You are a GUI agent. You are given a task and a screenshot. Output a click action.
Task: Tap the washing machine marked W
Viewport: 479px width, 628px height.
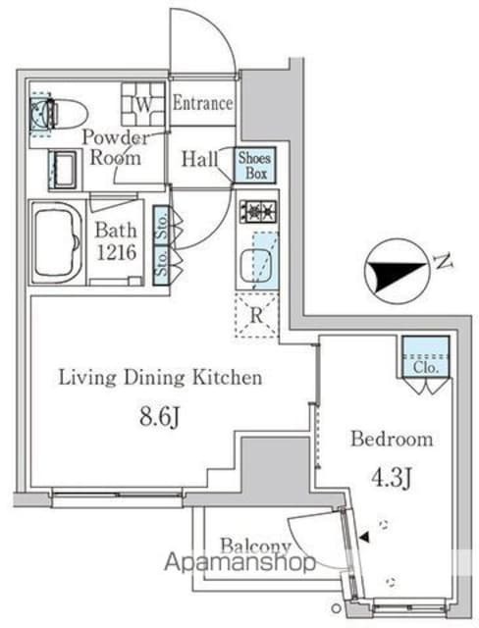click(143, 104)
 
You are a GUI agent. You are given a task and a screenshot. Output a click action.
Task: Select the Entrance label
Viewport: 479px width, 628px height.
click(202, 103)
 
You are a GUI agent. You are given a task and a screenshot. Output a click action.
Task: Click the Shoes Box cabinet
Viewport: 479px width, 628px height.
click(255, 165)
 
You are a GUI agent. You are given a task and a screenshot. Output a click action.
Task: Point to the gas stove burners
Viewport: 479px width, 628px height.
click(258, 210)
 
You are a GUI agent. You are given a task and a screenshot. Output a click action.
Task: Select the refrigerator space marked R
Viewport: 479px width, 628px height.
click(257, 315)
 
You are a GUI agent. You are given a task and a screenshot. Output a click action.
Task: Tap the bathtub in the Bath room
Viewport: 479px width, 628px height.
click(57, 243)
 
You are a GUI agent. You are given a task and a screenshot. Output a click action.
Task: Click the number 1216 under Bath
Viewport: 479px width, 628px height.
click(117, 252)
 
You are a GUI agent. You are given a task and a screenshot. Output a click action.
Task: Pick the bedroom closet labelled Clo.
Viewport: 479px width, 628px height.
click(425, 357)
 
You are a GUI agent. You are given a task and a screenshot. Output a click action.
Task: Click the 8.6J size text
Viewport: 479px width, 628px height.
click(159, 418)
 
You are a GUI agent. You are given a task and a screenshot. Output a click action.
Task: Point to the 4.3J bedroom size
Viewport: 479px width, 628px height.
click(392, 478)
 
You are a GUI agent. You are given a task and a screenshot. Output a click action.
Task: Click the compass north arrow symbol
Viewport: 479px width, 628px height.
click(397, 271)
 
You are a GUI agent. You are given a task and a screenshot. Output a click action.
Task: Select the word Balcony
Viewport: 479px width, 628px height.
click(255, 546)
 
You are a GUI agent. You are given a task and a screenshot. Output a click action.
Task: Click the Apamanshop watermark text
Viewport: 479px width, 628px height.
click(239, 562)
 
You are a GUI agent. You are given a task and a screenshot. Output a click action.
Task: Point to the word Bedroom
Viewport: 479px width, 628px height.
click(392, 439)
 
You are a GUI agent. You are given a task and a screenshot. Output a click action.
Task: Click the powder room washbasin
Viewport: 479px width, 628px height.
click(63, 170)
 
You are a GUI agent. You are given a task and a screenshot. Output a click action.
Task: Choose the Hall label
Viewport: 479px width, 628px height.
click(200, 159)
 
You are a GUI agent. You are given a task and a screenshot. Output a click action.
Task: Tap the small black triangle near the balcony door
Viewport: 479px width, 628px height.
click(364, 537)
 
